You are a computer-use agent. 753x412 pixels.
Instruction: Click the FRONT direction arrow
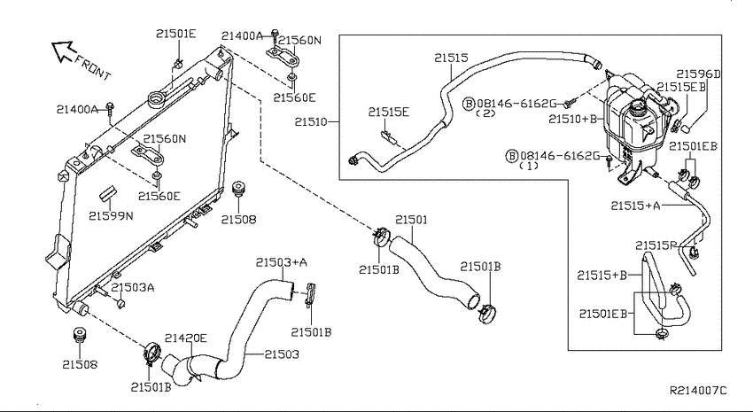(x=65, y=51)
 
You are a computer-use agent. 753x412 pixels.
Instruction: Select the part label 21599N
(x=111, y=216)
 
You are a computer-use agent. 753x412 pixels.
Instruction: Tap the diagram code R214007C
(x=698, y=391)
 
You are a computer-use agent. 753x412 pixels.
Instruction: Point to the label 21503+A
(x=282, y=262)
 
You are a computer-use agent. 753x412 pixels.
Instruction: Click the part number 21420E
(x=186, y=338)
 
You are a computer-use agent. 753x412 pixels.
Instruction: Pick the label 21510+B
(x=572, y=119)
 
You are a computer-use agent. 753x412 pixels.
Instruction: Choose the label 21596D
(x=699, y=74)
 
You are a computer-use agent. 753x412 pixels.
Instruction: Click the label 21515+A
(x=636, y=206)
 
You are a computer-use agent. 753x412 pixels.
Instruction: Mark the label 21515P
(x=656, y=245)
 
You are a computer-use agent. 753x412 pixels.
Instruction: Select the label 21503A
(x=133, y=288)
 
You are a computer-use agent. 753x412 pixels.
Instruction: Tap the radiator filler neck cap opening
(x=157, y=100)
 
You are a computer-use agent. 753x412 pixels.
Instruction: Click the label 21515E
(x=389, y=112)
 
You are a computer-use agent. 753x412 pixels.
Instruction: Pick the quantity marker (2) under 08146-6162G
(x=485, y=113)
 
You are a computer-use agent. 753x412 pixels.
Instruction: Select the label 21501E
(x=175, y=34)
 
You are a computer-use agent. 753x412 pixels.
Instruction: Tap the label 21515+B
(x=602, y=276)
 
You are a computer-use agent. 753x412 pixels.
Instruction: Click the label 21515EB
(x=681, y=87)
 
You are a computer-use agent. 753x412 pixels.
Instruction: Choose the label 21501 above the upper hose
(x=411, y=220)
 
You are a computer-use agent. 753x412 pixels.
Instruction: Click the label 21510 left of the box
(x=311, y=122)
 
